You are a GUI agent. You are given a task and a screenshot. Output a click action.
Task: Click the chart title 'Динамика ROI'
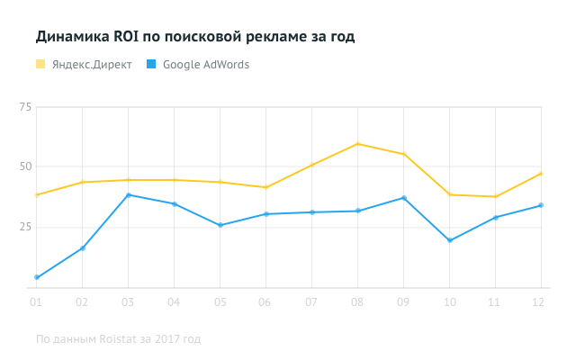pos(194,37)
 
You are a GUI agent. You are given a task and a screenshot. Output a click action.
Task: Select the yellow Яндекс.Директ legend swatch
pos(40,64)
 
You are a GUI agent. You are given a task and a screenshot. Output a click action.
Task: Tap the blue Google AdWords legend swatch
pos(151,64)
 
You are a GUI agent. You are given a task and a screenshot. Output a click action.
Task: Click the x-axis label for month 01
pos(36,303)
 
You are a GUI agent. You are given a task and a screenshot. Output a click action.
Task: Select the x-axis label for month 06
pos(265,303)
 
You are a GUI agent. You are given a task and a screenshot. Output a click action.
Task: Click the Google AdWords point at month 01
pos(36,277)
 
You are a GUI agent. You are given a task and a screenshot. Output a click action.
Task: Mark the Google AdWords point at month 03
pos(128,194)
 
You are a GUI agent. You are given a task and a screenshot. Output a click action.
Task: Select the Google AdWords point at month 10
pos(449,240)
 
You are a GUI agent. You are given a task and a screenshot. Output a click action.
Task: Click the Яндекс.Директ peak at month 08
pos(357,144)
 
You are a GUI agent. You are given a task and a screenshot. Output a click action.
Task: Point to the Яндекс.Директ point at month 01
pos(36,195)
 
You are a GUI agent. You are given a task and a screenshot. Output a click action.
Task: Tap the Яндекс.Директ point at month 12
pos(540,173)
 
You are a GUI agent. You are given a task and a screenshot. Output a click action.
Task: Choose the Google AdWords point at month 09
pos(403,198)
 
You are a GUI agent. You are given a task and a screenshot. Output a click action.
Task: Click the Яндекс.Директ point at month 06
pos(265,187)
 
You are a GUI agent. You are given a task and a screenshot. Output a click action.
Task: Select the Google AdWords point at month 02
pos(82,248)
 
